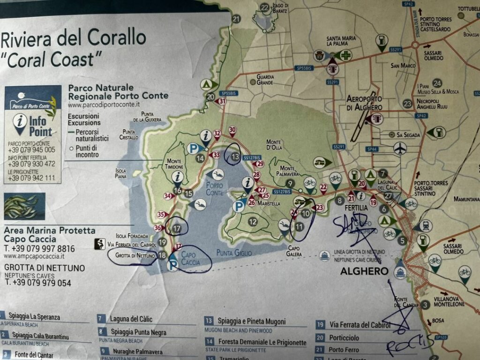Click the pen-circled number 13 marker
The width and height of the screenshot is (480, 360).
click(x=235, y=157)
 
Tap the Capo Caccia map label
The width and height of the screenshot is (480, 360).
click(x=191, y=258)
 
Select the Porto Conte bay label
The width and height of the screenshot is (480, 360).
click(x=215, y=189)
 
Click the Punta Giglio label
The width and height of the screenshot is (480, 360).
click(x=234, y=253)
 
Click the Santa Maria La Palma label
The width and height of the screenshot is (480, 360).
click(x=345, y=41)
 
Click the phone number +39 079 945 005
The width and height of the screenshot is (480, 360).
click(x=31, y=150)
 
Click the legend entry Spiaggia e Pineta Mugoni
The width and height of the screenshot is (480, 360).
click(x=251, y=322)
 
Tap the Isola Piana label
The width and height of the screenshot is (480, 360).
click(x=120, y=173)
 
